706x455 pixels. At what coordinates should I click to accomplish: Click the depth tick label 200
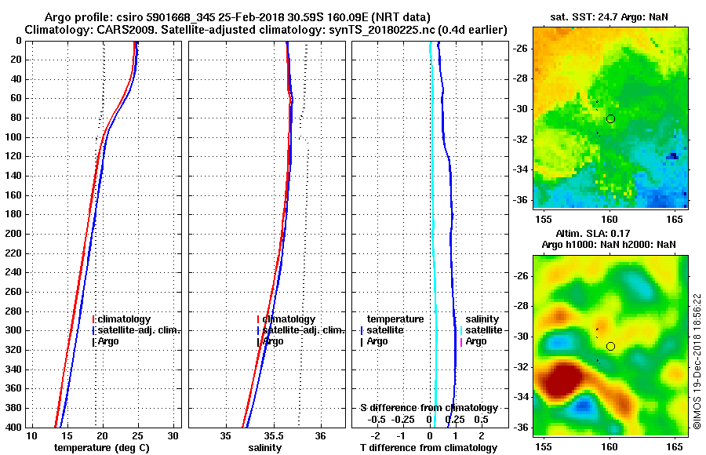coord(13,234)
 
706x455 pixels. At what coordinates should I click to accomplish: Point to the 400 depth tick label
coord(13,427)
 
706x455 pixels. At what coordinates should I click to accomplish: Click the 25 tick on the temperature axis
coord(138,435)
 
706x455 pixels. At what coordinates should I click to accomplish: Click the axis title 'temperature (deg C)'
coord(101,447)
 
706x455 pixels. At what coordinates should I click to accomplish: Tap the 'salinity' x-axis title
coord(267,447)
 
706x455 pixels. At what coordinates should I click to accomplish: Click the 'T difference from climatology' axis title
coord(428,447)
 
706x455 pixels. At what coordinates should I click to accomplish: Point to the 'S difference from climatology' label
coord(428,408)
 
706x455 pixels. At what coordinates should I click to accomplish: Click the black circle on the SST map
coord(610,118)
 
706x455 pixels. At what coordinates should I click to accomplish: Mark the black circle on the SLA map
coord(610,346)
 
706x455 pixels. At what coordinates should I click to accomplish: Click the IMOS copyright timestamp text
coord(697,362)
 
